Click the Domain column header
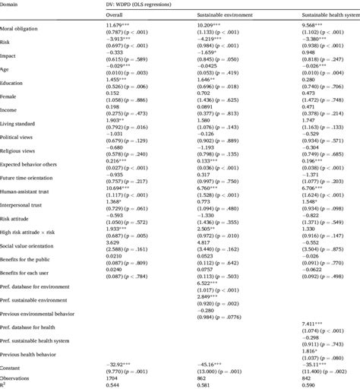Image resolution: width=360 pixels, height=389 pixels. click(14, 5)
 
